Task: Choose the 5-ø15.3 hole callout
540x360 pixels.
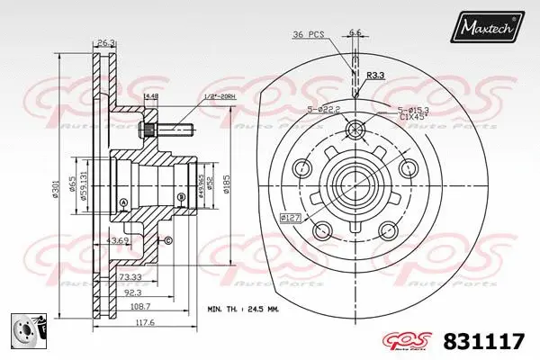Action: click(x=416, y=110)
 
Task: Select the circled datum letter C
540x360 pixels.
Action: click(x=166, y=240)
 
